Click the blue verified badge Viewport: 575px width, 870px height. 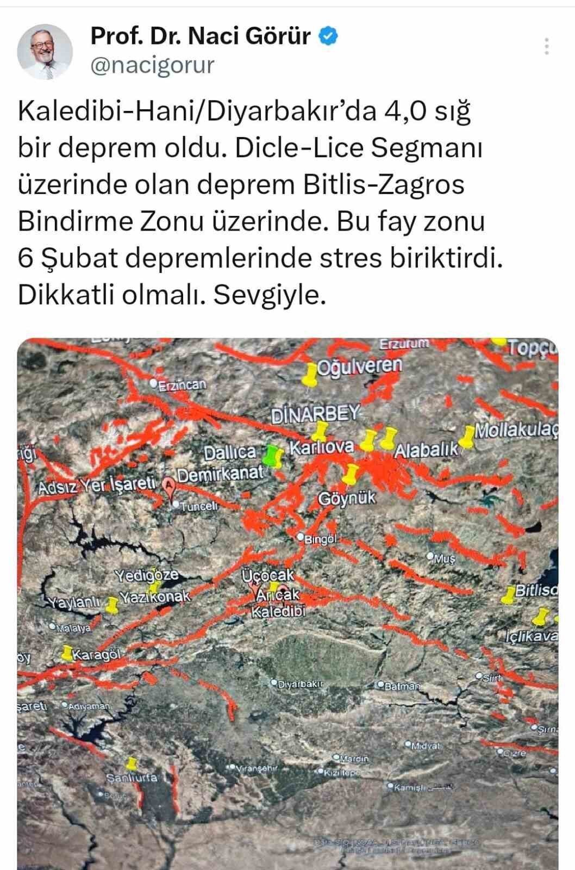click(328, 36)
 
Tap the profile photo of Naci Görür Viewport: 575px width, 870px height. click(45, 51)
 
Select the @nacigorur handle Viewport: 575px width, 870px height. click(152, 65)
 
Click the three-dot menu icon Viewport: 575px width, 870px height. click(547, 46)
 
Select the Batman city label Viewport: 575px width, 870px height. click(402, 686)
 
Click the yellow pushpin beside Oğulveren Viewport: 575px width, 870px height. click(310, 375)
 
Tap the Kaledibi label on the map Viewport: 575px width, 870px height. click(278, 612)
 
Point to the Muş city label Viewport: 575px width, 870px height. click(444, 558)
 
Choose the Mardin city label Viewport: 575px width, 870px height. click(354, 758)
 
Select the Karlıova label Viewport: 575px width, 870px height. click(321, 448)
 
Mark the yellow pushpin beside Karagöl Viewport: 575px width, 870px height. click(67, 652)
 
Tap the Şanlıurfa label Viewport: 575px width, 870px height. click(132, 778)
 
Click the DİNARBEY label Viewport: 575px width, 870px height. click(315, 415)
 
